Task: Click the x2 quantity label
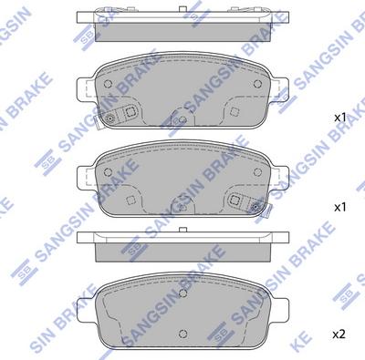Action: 339,334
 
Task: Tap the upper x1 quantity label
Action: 340,118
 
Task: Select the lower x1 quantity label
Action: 340,208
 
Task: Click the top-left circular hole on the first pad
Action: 108,83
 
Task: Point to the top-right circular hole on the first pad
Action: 257,83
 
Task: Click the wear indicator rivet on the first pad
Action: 109,118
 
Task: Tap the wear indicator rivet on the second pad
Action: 255,207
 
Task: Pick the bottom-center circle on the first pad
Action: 182,119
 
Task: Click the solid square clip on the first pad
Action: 130,111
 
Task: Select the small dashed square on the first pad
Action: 235,111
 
